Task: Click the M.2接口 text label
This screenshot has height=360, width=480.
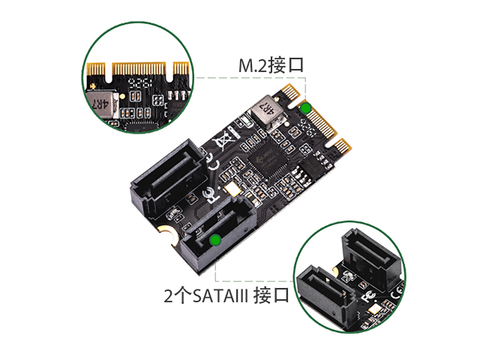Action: (x=271, y=65)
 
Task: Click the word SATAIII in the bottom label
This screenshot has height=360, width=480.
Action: (x=220, y=295)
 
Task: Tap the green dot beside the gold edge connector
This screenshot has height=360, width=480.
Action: (x=305, y=108)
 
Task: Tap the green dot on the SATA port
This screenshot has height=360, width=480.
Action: (x=215, y=240)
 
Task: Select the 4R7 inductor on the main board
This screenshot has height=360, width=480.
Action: (x=265, y=112)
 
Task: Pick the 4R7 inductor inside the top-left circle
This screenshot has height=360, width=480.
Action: (x=103, y=104)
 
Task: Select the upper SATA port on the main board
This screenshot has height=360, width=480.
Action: (x=166, y=177)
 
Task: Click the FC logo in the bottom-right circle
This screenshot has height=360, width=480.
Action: (x=369, y=296)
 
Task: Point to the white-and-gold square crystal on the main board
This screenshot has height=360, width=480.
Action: (x=233, y=188)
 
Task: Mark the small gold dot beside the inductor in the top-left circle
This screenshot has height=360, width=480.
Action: (x=122, y=97)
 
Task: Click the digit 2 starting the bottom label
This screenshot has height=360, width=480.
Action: (x=169, y=295)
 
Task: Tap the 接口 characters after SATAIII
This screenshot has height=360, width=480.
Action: (x=271, y=295)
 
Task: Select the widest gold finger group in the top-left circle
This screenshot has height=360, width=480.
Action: (x=139, y=68)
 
